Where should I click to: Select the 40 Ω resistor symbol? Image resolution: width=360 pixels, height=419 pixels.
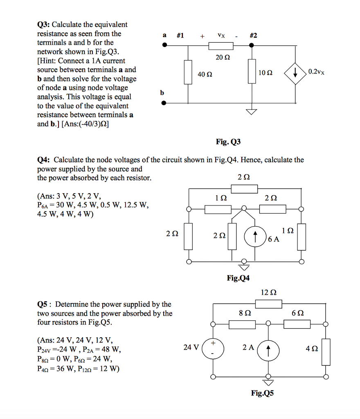(x=188, y=72)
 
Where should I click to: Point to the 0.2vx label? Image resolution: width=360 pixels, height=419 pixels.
(x=317, y=72)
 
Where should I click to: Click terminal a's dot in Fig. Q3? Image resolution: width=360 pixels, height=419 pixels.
(x=164, y=45)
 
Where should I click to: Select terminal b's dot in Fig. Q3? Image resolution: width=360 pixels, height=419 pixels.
(x=164, y=103)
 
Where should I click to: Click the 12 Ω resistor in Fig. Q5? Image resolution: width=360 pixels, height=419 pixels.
(x=268, y=304)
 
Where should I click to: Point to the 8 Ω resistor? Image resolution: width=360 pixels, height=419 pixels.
(x=242, y=324)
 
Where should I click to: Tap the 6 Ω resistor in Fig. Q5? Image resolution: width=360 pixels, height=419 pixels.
(x=297, y=324)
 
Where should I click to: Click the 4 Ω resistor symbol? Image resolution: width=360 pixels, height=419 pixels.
(x=326, y=351)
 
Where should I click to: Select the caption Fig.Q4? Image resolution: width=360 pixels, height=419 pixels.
(x=238, y=278)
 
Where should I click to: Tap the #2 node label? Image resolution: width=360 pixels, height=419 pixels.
(x=253, y=36)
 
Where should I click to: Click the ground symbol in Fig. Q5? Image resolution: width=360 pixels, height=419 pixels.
(x=268, y=383)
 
